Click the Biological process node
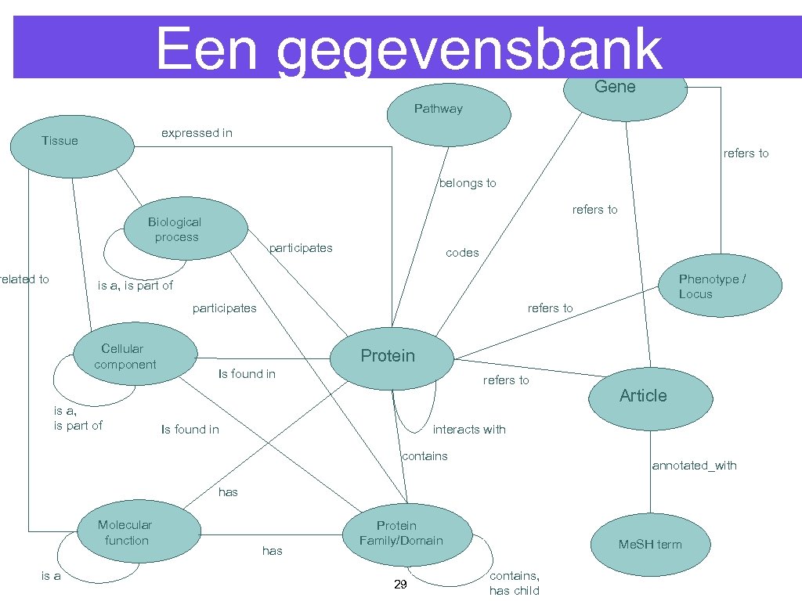[186, 230]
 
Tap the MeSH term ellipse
[650, 545]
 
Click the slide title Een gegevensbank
[408, 49]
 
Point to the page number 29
[400, 585]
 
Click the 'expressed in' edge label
[197, 133]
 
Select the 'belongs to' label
[467, 183]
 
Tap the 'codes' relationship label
[461, 253]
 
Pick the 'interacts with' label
[469, 430]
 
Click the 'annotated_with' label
[694, 466]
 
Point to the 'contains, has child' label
[515, 583]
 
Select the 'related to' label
[24, 279]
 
